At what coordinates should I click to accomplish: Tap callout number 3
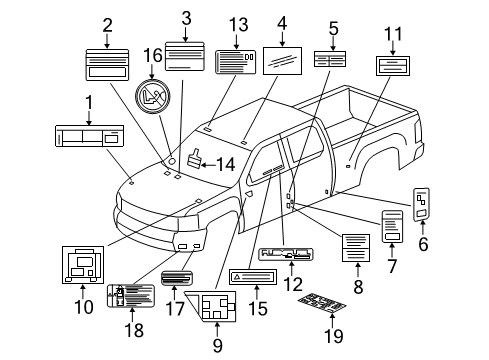(186, 18)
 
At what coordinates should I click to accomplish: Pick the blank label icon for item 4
(283, 62)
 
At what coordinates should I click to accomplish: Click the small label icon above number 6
(422, 203)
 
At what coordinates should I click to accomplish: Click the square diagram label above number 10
(82, 264)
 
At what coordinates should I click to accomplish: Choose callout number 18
(128, 330)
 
